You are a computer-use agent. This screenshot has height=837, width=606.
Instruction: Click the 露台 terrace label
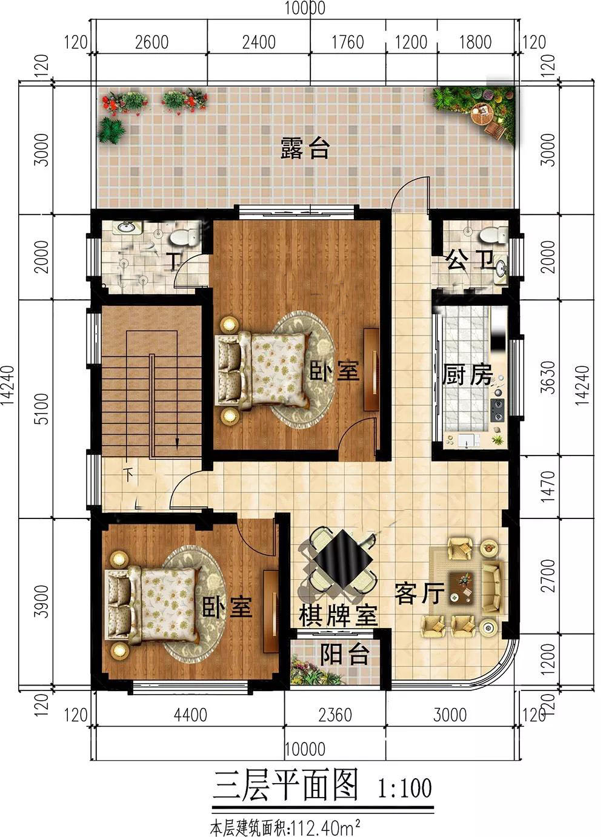coord(305,148)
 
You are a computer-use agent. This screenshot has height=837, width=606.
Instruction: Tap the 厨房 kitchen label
coord(467,375)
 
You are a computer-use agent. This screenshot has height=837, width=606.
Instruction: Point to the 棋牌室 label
coord(338,616)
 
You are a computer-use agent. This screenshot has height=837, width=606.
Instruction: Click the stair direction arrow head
coord(176,444)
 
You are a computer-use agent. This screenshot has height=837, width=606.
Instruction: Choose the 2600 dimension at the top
coord(152,42)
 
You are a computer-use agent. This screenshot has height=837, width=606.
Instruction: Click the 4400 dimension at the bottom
coord(190,715)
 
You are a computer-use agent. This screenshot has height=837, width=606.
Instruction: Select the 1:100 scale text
coord(405,789)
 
